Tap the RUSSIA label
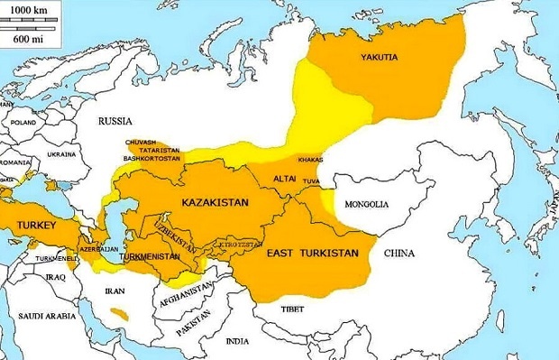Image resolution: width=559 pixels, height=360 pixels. pos(115,121)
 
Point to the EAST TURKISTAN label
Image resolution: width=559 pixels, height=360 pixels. pos(313,254)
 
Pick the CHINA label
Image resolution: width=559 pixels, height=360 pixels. pos(399,254)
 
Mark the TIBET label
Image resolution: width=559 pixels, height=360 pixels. pos(292,309)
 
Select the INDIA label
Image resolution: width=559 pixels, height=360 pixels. pos(238,341)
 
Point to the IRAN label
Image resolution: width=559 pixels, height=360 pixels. pos(115,291)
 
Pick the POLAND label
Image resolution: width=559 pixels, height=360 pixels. pos(23,122)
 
